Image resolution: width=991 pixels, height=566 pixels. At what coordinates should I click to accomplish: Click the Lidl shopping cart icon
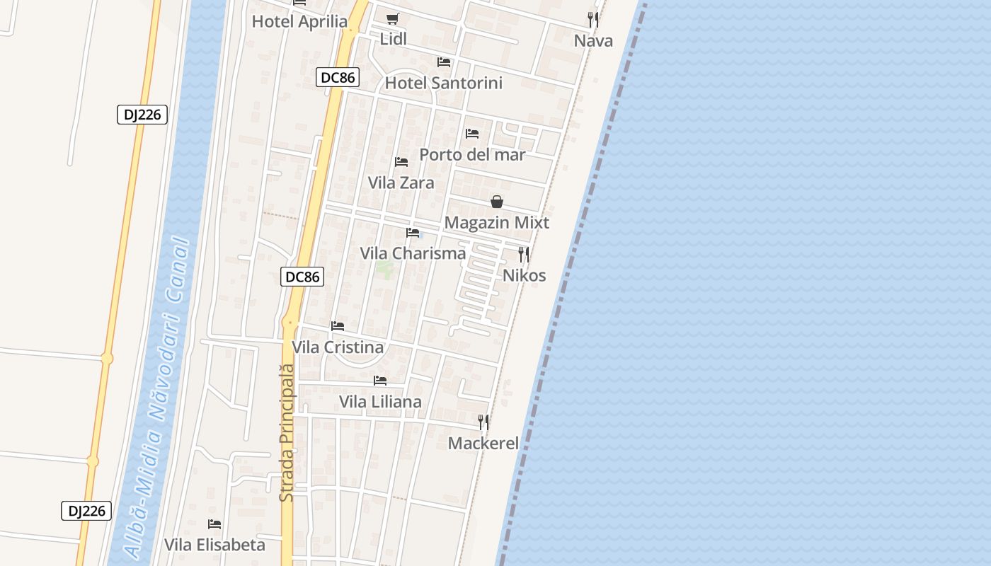click(392, 18)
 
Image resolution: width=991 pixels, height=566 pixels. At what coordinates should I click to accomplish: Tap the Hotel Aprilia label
click(299, 21)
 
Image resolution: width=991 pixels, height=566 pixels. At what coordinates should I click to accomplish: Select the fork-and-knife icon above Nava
click(593, 20)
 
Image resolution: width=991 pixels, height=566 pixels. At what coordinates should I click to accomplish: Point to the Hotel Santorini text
click(443, 83)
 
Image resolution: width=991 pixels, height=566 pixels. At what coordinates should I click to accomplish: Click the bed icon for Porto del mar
click(472, 133)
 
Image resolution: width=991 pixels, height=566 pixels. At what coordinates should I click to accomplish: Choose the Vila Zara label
click(401, 183)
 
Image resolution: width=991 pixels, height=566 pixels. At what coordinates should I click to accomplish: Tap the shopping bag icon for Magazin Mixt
click(497, 202)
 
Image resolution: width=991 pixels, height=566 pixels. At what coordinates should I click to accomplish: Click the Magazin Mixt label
click(496, 222)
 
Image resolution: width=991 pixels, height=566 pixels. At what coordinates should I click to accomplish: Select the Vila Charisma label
click(413, 253)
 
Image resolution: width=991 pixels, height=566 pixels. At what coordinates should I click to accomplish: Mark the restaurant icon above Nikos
click(524, 254)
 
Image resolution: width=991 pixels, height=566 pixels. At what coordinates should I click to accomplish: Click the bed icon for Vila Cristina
click(338, 326)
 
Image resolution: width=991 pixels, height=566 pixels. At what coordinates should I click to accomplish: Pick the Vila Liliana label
click(380, 402)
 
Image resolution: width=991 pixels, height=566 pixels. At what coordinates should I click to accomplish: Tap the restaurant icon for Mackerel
click(483, 422)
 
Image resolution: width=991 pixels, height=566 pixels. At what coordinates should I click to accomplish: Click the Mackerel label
click(483, 444)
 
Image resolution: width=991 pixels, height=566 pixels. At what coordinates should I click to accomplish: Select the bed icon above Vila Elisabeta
click(214, 524)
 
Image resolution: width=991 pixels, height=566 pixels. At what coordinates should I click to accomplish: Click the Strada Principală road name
click(287, 433)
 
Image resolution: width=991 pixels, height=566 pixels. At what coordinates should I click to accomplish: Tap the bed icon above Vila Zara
click(401, 162)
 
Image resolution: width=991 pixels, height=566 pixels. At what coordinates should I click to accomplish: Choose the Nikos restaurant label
click(524, 275)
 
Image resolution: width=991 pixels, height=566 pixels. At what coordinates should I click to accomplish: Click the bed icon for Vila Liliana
click(380, 381)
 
